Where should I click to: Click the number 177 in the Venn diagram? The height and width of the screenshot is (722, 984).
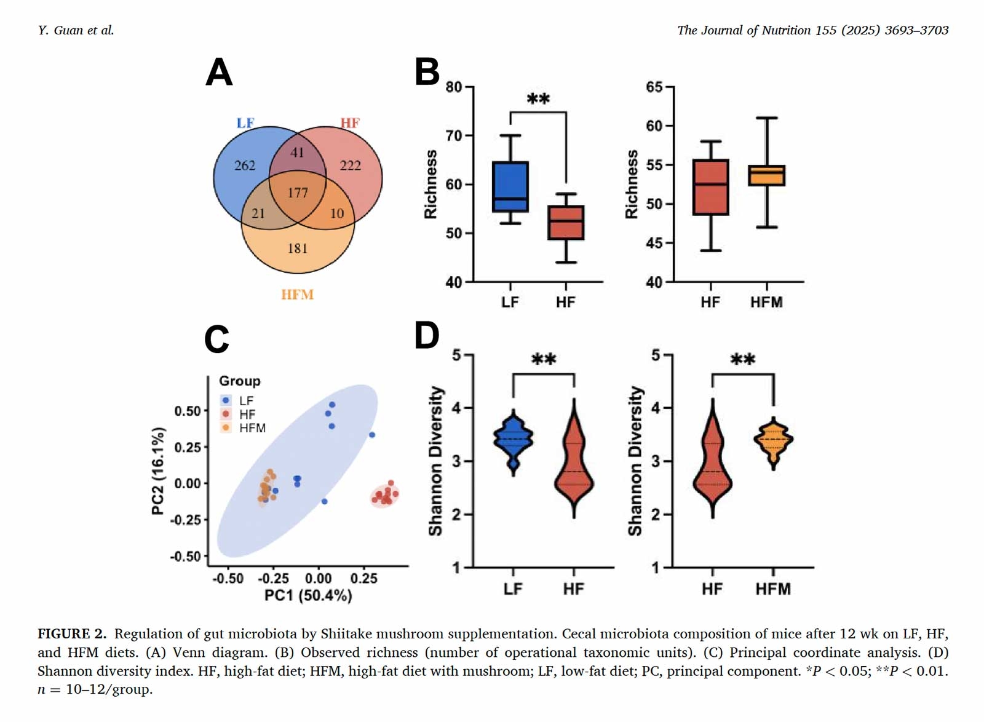point(298,193)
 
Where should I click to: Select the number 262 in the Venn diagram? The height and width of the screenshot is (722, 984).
point(245,165)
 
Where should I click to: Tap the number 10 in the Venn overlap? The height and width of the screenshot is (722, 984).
point(337,213)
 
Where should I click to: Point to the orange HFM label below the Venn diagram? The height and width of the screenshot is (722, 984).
point(298,295)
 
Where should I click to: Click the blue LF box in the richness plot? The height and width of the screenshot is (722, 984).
point(510,187)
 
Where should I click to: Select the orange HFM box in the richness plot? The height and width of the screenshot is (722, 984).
point(766,176)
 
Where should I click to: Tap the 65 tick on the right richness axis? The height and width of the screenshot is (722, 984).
point(654,87)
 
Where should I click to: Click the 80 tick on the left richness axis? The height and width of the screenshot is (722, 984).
point(454,87)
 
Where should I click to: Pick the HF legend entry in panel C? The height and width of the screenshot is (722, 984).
point(247,415)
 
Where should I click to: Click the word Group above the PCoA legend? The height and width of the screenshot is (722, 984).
point(240,381)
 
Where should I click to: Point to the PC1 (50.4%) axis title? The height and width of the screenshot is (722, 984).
point(308,595)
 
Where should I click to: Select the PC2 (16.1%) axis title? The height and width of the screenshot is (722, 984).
point(158,470)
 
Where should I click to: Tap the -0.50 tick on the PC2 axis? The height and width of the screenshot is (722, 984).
point(185,557)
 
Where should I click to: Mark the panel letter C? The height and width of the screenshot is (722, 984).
point(216,339)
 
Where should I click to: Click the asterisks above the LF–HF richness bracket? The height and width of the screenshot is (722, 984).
point(538,99)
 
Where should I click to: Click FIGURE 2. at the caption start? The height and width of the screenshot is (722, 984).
point(72,634)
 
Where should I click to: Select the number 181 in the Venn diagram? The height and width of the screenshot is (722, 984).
point(298,248)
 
